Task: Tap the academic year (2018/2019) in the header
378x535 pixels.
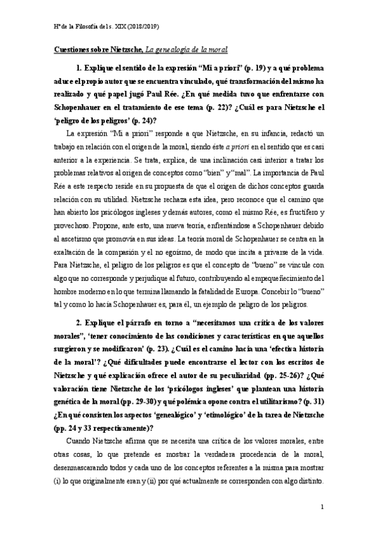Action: click(143, 27)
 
